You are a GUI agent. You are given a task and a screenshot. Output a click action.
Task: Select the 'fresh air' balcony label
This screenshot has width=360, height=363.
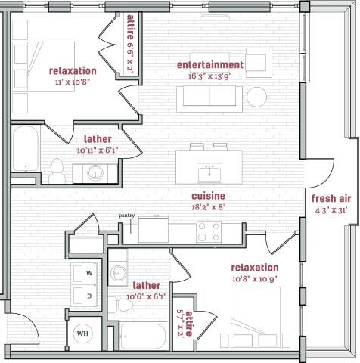(x=331, y=199)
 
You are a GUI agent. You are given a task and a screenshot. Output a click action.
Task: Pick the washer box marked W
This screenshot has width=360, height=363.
(x=88, y=272)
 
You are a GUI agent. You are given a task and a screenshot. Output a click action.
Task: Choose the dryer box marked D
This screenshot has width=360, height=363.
(x=88, y=296)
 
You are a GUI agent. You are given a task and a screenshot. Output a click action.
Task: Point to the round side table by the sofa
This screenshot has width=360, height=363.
(x=258, y=96)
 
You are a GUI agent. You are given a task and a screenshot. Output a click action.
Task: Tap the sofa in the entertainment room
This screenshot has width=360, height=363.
(x=209, y=97)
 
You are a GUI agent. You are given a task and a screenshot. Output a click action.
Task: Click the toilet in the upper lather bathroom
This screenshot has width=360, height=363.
(x=56, y=169)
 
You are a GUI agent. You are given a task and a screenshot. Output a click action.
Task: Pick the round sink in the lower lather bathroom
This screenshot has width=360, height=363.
(x=119, y=272)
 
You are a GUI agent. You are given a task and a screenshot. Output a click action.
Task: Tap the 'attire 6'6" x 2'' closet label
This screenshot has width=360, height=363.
(x=131, y=42)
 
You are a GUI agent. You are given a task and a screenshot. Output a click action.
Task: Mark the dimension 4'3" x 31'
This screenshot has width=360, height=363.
(x=331, y=211)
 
